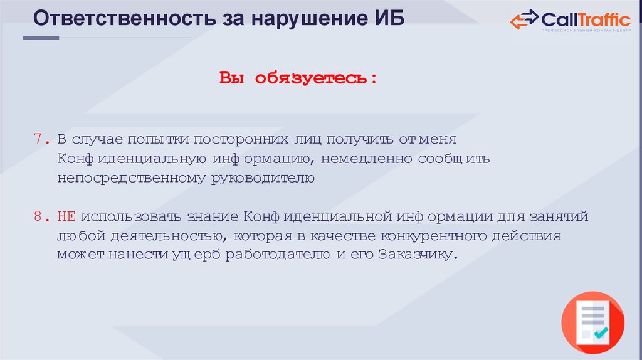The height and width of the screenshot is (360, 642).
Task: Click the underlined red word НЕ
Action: tap(66, 216)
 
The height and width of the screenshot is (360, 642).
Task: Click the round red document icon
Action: tap(592, 323)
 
